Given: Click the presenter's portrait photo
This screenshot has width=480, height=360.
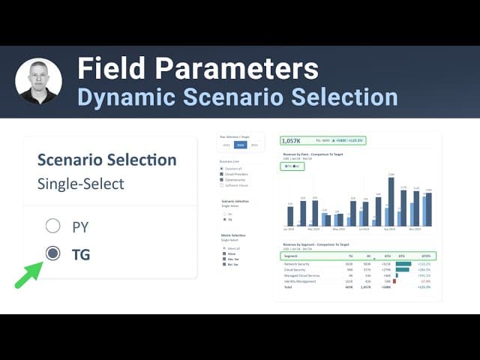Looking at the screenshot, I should [38, 81].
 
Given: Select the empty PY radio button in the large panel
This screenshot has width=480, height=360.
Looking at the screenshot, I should [52, 226].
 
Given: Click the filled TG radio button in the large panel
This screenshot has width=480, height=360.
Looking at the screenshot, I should [52, 253].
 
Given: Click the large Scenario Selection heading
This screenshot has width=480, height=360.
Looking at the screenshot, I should [106, 160].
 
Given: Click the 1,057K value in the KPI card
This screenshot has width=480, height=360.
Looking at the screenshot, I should [291, 140].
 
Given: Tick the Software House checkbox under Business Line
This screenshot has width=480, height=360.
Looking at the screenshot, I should [222, 184].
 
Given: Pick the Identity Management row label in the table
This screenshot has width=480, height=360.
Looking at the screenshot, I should [301, 281].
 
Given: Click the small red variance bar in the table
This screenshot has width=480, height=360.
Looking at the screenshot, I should [394, 281].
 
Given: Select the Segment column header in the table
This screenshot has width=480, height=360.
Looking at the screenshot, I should [291, 256].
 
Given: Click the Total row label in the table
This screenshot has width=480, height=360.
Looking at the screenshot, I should [289, 287].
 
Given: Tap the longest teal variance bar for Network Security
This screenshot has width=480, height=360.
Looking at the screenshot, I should [403, 264].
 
